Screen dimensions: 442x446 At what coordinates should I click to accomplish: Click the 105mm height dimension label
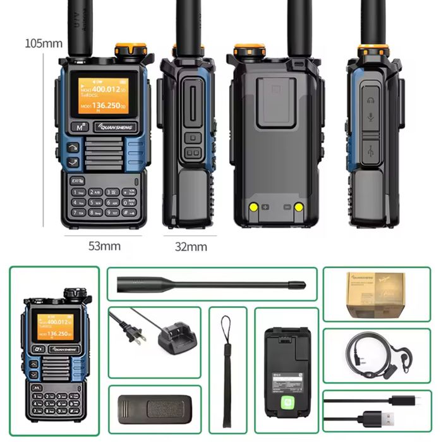pyautogui.click(x=44, y=44)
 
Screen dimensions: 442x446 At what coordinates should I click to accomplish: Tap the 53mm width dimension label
pyautogui.click(x=104, y=245)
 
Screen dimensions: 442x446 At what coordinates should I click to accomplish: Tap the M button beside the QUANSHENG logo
pyautogui.click(x=80, y=126)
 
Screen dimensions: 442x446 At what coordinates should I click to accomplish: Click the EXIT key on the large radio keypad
pyautogui.click(x=78, y=180)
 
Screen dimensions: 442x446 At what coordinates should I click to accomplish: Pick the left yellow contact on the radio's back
pyautogui.click(x=253, y=207)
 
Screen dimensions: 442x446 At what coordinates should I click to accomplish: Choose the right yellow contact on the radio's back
pyautogui.click(x=298, y=207)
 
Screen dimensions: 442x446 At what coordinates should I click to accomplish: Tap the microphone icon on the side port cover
pyautogui.click(x=371, y=118)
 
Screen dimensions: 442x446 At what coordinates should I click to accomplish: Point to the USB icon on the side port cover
pyautogui.click(x=371, y=150)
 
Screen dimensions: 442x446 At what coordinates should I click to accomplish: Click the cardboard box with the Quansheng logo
pyautogui.click(x=377, y=294)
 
